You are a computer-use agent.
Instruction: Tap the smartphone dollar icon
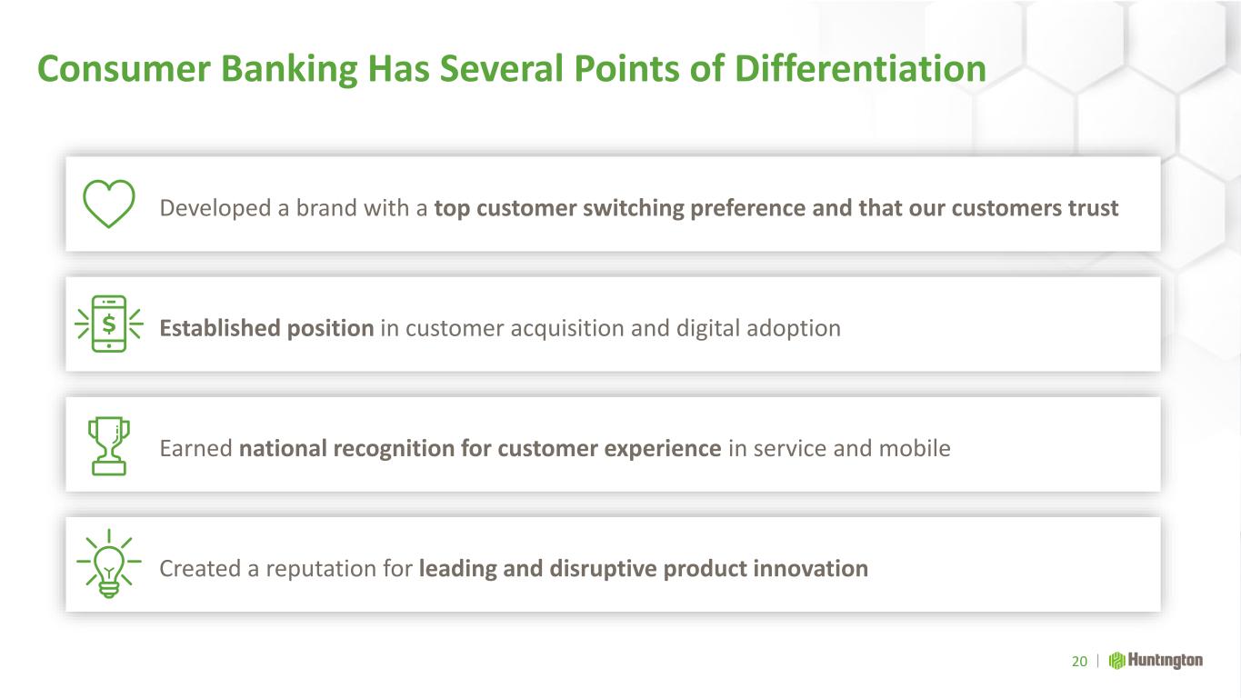109,324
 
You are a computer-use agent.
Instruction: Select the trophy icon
109,446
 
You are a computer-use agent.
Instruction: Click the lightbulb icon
109,563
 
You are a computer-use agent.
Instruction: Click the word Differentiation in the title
860,69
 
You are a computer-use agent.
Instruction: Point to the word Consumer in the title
124,70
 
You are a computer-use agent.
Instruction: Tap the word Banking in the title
289,70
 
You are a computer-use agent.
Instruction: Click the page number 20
1079,661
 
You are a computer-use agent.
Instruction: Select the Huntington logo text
1166,661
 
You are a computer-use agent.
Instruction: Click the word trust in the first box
1093,208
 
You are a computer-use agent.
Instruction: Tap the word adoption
794,329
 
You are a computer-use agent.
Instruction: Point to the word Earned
195,448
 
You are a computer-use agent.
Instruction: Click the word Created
200,568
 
